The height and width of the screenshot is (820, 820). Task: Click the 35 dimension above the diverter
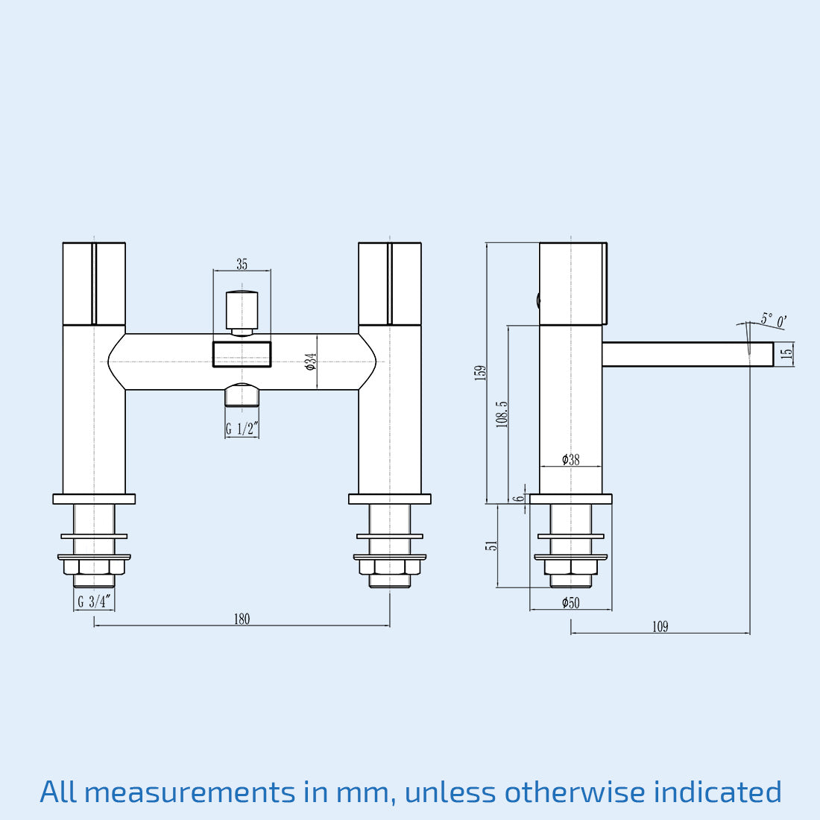click(242, 265)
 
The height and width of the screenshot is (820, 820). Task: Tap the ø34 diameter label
click(311, 362)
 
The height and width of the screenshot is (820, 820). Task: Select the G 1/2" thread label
click(242, 429)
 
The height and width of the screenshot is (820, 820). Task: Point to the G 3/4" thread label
click(94, 602)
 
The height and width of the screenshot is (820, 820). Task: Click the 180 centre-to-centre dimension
click(242, 619)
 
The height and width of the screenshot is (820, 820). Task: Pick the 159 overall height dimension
click(480, 373)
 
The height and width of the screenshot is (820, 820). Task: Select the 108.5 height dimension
click(502, 414)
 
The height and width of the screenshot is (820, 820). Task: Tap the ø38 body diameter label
click(570, 460)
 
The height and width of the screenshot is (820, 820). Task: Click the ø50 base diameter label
click(570, 603)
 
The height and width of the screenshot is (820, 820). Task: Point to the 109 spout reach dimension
click(660, 627)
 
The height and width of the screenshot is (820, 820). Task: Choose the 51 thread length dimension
click(491, 546)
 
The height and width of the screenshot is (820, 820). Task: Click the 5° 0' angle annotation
click(773, 321)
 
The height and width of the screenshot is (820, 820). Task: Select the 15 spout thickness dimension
click(786, 354)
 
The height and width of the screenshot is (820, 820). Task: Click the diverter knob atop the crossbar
click(242, 309)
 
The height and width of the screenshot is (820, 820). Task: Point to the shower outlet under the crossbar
click(242, 395)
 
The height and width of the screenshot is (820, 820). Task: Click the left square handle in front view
click(94, 284)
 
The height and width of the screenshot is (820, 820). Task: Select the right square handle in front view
click(390, 284)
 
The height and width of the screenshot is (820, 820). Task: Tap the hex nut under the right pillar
click(390, 567)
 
